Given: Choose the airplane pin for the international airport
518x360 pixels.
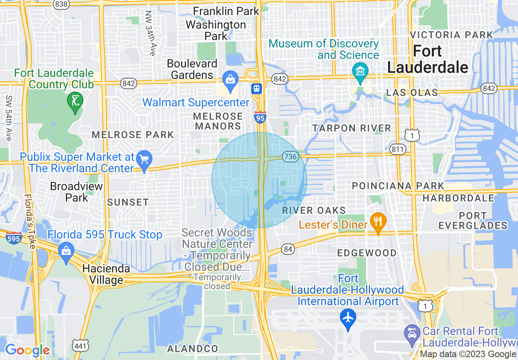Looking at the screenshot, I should coord(348,317).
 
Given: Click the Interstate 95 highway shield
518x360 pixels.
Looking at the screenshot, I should coord(259,117).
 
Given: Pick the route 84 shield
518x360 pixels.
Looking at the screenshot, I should coord(288,248).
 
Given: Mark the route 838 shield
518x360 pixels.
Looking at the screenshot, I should coord(60,4).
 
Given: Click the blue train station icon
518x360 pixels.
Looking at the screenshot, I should coord(257,89).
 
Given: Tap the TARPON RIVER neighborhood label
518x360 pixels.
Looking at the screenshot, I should coord(352,128).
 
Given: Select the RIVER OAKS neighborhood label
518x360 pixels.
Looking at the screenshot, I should coord(314,211).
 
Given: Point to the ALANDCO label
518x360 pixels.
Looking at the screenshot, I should coord(192,349).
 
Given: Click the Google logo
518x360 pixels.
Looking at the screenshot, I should coord(27,350).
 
